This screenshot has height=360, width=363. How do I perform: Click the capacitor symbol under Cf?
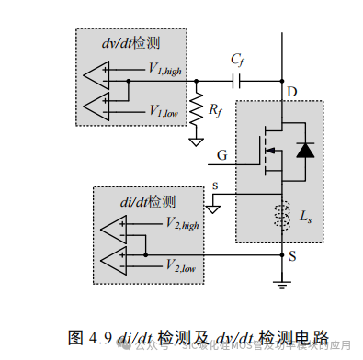pos(238,81)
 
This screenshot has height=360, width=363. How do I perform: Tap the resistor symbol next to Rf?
pos(195,109)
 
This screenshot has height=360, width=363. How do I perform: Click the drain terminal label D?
pos(292,93)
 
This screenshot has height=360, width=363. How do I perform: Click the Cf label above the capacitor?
pos(237,60)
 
